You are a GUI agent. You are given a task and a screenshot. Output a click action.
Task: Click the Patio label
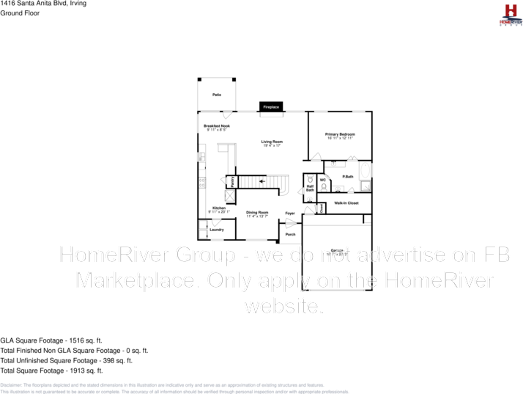pos(217,95)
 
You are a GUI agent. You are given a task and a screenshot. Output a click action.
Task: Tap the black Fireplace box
pos(272,107)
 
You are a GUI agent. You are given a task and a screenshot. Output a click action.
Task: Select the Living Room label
pos(272,142)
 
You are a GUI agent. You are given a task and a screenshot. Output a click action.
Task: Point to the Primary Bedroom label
pos(340,134)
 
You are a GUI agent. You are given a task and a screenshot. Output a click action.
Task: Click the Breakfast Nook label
pos(217,126)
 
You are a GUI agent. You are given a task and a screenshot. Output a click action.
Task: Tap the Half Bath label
pos(310,189)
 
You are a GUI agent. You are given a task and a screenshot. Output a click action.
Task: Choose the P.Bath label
pos(348,177)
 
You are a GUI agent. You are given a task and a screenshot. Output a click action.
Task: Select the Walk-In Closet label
pos(346,203)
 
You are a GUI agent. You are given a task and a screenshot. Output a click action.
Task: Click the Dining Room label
pos(257,213)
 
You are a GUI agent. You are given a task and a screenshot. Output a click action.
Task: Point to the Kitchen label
pos(219,208)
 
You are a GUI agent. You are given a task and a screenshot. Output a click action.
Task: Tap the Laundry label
pos(217,230)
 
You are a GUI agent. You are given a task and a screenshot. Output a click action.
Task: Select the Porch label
pos(290,234)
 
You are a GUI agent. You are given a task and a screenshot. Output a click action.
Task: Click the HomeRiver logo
pos(510,14)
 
